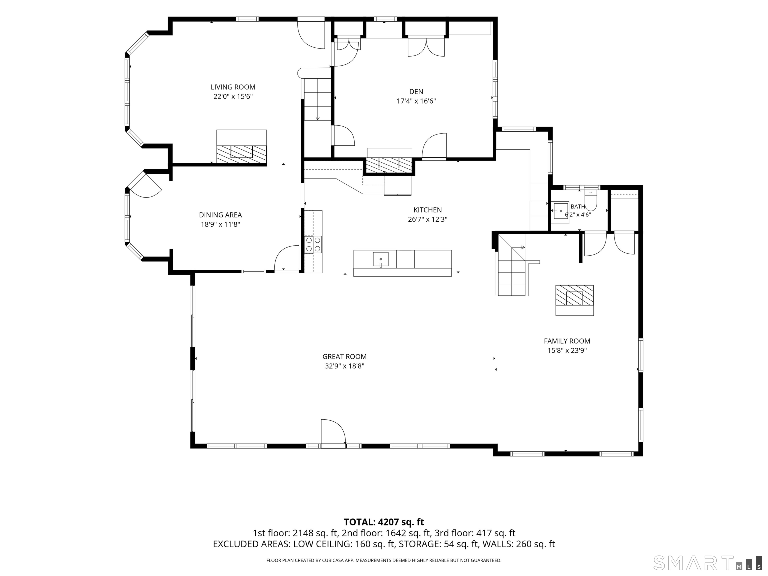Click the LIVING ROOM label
[233, 87]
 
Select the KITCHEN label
[428, 210]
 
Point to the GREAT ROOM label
[344, 356]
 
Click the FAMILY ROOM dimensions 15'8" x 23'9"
[567, 351]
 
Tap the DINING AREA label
[220, 215]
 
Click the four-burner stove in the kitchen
[313, 244]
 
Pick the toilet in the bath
[590, 201]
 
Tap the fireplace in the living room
[242, 146]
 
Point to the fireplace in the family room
[574, 300]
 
